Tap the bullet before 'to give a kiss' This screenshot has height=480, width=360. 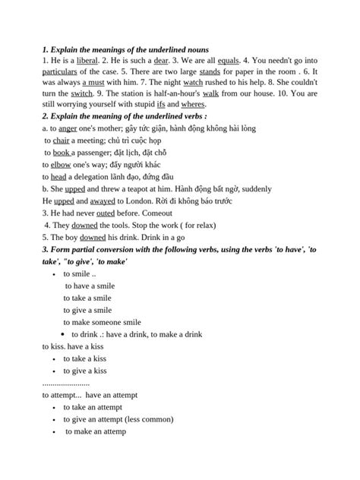(55, 371)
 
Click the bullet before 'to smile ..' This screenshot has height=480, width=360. (55, 272)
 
